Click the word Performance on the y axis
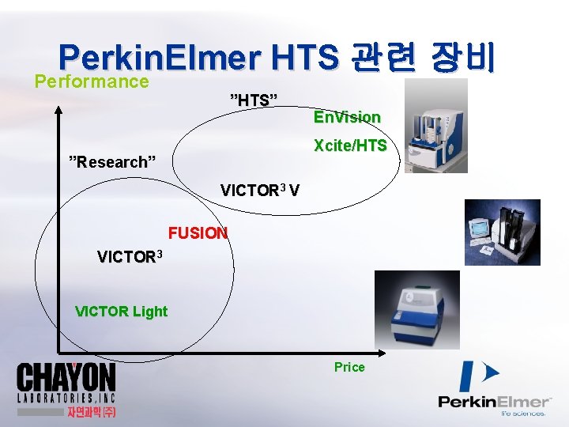(x=92, y=81)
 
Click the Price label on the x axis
(x=349, y=367)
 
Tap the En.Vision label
(x=347, y=117)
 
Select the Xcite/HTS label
(x=350, y=145)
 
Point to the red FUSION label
(x=198, y=233)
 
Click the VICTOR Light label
(x=121, y=311)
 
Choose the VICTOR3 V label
(x=260, y=191)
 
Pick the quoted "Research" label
(x=113, y=162)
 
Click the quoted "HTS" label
(x=254, y=100)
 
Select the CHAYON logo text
(x=66, y=379)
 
